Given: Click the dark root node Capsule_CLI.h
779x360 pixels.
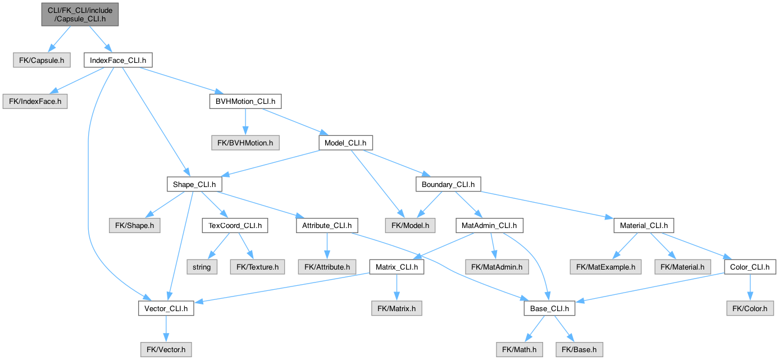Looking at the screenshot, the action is pos(80,15).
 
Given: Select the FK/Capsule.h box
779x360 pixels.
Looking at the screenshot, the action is pos(42,60).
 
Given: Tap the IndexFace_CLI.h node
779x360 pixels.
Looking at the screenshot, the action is pos(118,60).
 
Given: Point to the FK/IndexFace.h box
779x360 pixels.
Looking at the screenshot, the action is pos(35,101).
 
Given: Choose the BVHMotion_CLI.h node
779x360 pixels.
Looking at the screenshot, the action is pos(245,101).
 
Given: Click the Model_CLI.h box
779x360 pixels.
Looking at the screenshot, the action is pos(345,143).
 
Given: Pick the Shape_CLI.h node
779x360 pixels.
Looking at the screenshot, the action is pos(194,184).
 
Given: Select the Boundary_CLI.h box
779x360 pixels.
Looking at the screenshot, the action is pos(448,184).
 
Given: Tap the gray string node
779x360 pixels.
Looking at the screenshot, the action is pos(202,267).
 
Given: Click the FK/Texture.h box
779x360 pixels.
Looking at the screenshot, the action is pos(257,267).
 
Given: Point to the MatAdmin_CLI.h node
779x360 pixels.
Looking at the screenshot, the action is pos(489,225).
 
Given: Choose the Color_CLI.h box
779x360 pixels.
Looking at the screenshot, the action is pos(750,267).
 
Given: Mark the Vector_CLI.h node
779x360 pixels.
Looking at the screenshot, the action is pos(166,308).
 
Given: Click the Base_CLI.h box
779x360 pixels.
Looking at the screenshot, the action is pos(550,308).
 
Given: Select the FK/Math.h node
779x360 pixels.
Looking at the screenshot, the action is pos(520,349).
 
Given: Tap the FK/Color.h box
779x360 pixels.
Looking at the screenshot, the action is pos(750,308).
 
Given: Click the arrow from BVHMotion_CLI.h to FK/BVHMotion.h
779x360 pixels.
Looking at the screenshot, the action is pos(245,122).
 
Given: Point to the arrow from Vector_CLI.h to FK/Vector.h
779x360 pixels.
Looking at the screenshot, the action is pos(166,329).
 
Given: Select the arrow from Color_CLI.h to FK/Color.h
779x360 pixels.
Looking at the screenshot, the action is pos(750,288).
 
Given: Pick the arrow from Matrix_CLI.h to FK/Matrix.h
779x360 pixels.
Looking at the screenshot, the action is pos(397,288).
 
